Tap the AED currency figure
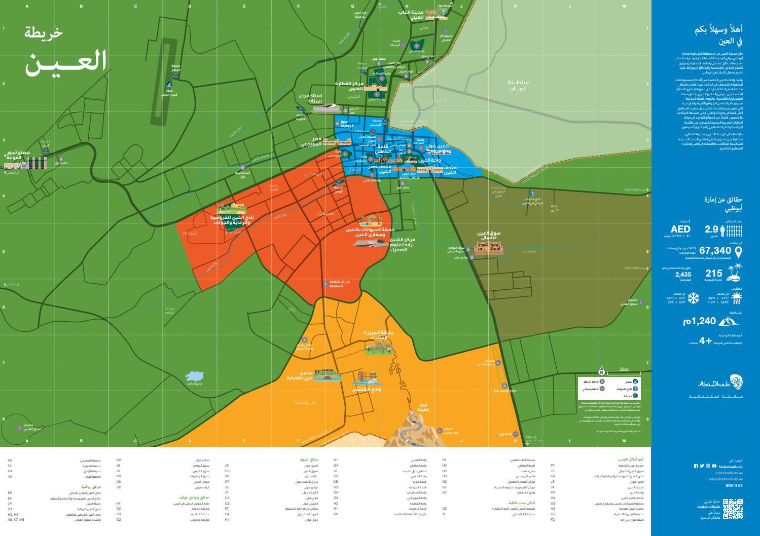coord(680,229)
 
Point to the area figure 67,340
coord(715,250)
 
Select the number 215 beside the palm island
coord(713,273)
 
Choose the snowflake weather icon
coord(693,298)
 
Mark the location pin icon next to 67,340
coord(738,251)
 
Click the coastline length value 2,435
coord(683,275)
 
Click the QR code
coord(732,508)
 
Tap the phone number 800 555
coord(734,485)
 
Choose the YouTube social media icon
coord(714,466)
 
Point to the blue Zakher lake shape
coord(195,376)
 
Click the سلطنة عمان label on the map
coord(518,85)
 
